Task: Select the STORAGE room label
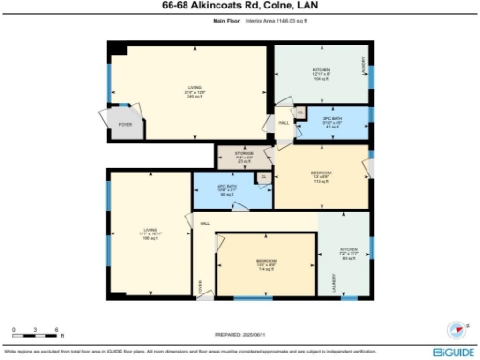click(244, 157)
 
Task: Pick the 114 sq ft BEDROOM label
click(265, 265)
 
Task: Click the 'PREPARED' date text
click(240, 333)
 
